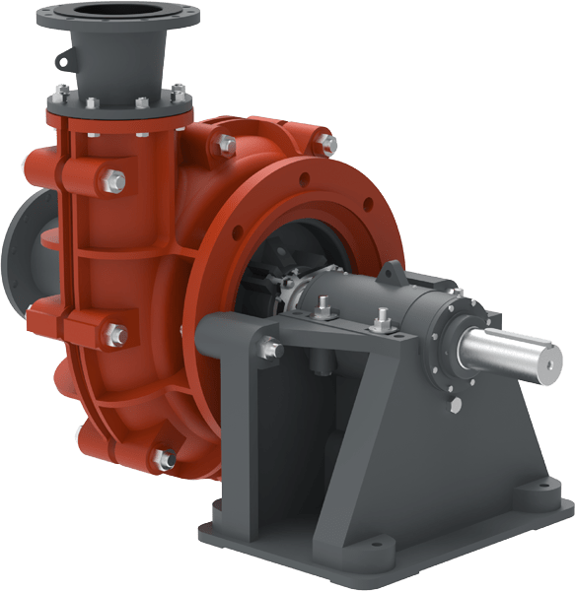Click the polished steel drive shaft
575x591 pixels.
tap(503, 351)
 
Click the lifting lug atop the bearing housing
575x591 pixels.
tap(393, 270)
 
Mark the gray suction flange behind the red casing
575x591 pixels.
tap(22, 246)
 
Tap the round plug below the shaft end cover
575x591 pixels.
tap(455, 406)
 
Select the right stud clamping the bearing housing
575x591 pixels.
tap(382, 319)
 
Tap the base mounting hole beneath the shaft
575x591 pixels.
tap(542, 487)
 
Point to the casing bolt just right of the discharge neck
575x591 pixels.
tap(226, 147)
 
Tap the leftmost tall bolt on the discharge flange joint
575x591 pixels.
tap(62, 96)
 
